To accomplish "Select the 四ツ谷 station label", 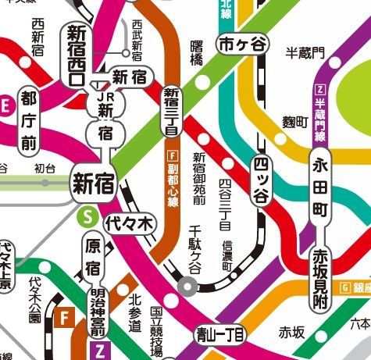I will tap(262, 180).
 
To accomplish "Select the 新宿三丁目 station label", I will tap(172, 112).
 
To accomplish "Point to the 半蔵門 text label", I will tap(305, 52).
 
